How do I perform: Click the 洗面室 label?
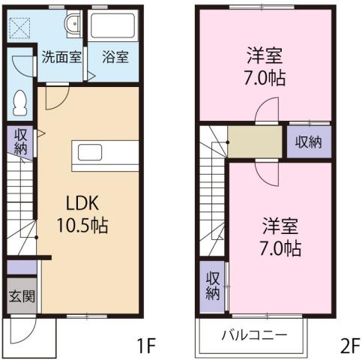[x=61, y=56]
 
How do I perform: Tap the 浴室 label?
[x=115, y=56]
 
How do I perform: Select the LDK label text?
[x=82, y=202]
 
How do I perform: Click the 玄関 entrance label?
[x=22, y=295]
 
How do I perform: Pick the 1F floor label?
[x=145, y=346]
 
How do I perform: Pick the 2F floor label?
[x=349, y=346]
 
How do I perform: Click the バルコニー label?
[x=252, y=334]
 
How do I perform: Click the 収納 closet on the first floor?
[x=20, y=141]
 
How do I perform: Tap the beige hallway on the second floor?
[x=254, y=142]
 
